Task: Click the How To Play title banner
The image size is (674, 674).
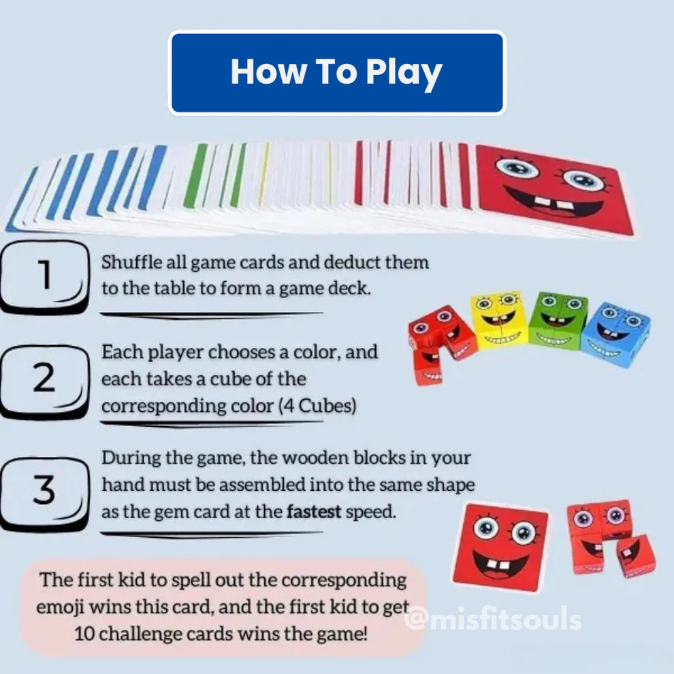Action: (337, 73)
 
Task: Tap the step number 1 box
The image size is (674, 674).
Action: (44, 276)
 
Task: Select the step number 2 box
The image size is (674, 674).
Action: (44, 382)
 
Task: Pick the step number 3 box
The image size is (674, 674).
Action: (44, 493)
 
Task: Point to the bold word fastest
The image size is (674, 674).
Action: (314, 511)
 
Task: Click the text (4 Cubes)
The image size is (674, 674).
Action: (317, 405)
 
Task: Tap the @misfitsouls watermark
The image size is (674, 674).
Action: (493, 619)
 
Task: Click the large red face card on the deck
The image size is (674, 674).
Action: (554, 190)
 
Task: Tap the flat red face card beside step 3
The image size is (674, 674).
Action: (500, 547)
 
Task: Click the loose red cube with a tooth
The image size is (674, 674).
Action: (635, 556)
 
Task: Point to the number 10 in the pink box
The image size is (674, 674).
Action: (84, 634)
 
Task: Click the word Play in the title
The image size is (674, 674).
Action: (404, 72)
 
